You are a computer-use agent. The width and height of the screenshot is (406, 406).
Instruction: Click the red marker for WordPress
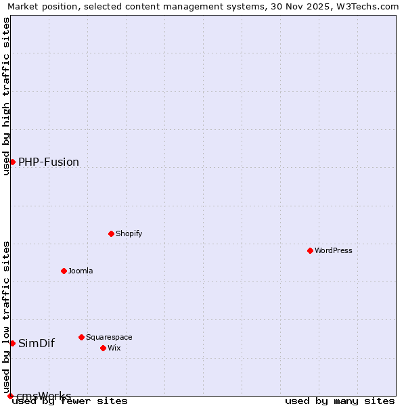point(310,250)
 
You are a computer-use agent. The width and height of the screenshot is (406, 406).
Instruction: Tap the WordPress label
point(334,250)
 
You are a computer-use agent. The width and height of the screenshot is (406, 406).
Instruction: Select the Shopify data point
point(111,233)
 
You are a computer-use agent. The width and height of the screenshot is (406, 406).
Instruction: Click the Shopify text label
point(129,233)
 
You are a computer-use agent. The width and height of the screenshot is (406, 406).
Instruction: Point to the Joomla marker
point(64,271)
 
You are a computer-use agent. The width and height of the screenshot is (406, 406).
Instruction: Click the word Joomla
point(81,271)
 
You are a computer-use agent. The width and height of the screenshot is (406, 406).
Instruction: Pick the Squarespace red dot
point(81,337)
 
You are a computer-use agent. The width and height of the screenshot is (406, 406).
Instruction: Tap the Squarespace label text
point(109,337)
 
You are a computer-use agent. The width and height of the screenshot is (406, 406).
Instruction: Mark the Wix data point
point(103,348)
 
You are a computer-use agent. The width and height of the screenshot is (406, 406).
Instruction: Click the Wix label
point(114,348)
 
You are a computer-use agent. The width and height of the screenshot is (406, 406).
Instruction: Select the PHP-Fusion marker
point(12,162)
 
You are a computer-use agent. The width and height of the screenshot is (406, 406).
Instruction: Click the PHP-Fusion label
point(49,162)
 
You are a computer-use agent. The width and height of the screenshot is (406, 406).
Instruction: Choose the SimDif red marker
point(12,343)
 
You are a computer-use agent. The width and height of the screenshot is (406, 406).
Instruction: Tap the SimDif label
point(37,343)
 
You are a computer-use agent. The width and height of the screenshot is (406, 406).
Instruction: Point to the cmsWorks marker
point(10,396)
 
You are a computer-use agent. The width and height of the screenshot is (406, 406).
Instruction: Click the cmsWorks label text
point(43,395)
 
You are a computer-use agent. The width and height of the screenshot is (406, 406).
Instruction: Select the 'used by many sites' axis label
point(340,401)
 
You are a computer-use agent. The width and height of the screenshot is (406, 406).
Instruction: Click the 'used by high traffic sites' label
point(6,96)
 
